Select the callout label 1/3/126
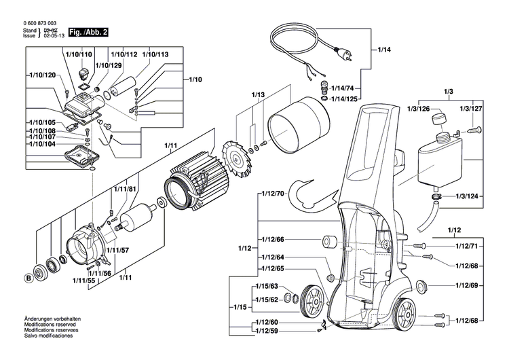coord(419,109)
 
